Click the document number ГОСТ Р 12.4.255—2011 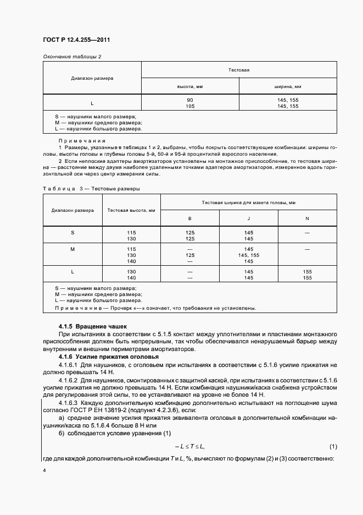click(80, 40)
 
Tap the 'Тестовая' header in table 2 click(239, 70)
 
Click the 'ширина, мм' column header click(288, 87)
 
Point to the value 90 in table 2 click(190, 100)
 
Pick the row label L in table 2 click(92, 103)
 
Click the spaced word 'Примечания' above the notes click(82, 141)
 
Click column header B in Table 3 click(190, 218)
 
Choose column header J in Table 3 click(249, 218)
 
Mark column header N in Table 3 click(307, 218)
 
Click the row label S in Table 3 click(72, 233)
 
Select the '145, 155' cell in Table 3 click(249, 255)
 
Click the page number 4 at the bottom click(44, 471)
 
